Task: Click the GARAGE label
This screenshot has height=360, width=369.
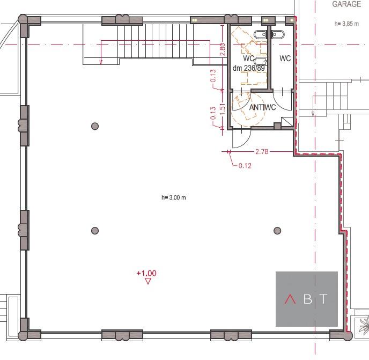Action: pos(346,4)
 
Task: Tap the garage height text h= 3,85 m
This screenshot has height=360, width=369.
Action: pos(346,24)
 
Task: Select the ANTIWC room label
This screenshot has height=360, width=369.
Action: pos(262,107)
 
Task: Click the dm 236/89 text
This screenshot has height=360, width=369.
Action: pos(249,68)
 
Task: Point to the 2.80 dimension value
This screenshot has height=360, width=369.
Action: pos(223,49)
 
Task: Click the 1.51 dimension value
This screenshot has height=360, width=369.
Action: pos(223,109)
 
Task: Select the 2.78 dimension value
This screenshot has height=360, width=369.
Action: pos(262,152)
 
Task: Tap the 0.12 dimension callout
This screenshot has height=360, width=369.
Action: pos(245,166)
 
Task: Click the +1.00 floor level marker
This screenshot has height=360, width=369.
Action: pos(146,273)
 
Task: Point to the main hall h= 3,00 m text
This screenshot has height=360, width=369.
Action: pos(173,197)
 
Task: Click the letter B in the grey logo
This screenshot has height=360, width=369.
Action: pos(308,299)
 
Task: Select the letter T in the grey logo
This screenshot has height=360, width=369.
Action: pos(324,299)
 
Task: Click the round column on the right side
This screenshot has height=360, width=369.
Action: pos(277,231)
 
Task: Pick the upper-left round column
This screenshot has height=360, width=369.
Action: pos(95,126)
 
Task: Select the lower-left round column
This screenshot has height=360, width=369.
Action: pos(95,231)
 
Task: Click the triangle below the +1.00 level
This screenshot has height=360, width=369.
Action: pos(148,281)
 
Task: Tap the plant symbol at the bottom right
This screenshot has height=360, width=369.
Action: pos(364,326)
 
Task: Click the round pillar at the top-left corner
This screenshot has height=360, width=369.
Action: pos(23,19)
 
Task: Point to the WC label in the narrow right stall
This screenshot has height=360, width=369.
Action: pos(285,58)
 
